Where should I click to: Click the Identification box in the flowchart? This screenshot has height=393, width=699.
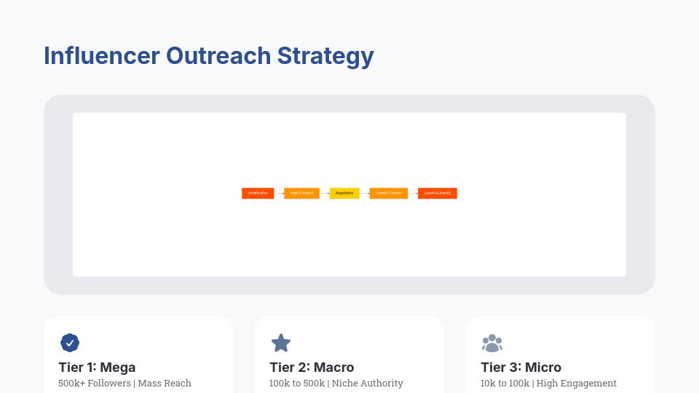click(258, 193)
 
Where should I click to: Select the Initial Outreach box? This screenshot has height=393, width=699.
click(301, 193)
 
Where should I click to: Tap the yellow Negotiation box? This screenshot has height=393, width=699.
click(344, 193)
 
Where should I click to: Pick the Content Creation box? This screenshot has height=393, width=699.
click(388, 193)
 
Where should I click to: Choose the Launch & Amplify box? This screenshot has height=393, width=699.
click(437, 193)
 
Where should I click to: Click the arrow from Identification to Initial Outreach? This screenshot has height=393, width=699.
click(279, 193)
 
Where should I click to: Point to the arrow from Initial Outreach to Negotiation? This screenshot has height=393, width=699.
click(324, 193)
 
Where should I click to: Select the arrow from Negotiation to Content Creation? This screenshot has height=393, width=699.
click(364, 193)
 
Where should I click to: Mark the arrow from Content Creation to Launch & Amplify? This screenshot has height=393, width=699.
click(413, 193)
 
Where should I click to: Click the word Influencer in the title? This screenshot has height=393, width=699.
click(101, 56)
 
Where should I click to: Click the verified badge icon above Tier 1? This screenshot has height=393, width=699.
click(70, 343)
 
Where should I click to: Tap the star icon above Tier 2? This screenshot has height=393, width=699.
click(281, 343)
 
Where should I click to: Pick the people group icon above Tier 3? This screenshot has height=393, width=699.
click(492, 343)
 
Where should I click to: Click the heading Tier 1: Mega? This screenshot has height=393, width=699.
click(97, 368)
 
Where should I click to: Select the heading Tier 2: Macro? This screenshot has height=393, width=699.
click(312, 368)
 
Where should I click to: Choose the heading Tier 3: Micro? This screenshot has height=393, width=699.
click(521, 368)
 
